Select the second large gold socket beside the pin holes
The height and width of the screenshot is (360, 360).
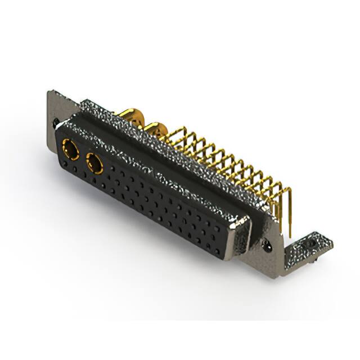pyautogui.click(x=94, y=164)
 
